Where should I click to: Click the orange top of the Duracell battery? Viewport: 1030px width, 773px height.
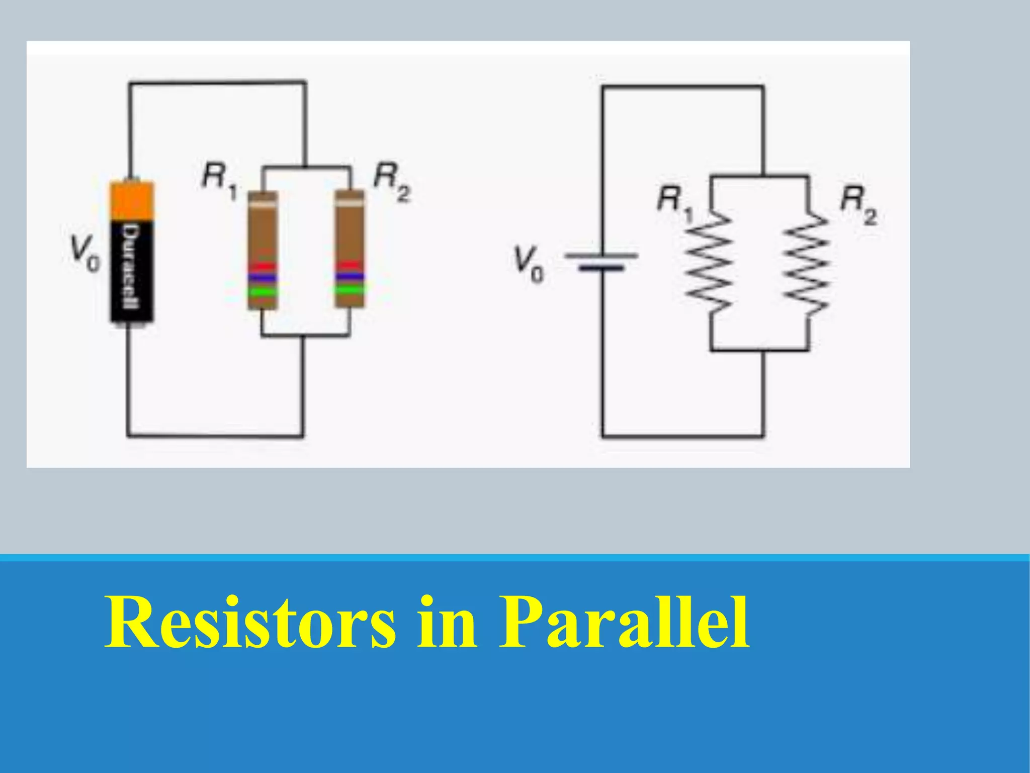point(132,200)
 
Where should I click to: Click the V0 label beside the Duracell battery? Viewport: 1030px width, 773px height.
point(84,255)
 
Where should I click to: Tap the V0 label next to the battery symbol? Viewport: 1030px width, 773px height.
point(529,264)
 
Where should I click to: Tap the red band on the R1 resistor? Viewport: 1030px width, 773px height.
point(262,266)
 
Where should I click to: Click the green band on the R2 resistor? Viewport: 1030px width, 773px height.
point(350,290)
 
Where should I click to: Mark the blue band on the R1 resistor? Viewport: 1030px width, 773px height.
point(262,277)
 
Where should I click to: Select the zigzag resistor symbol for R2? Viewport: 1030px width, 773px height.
point(808,264)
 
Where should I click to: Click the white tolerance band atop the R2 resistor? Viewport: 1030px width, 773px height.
point(350,203)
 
